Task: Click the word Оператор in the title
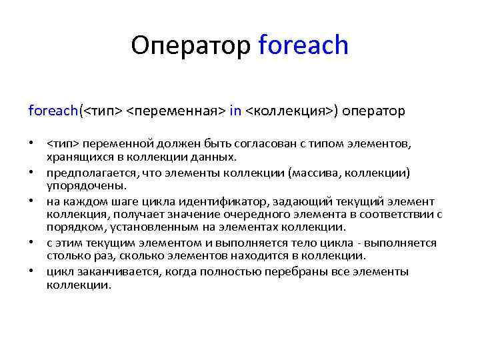click(191, 45)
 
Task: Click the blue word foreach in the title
click(303, 45)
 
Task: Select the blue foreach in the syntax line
click(53, 111)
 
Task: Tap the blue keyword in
click(235, 111)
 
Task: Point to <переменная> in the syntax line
click(175, 111)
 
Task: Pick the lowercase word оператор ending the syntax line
click(375, 111)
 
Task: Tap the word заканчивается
click(110, 272)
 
